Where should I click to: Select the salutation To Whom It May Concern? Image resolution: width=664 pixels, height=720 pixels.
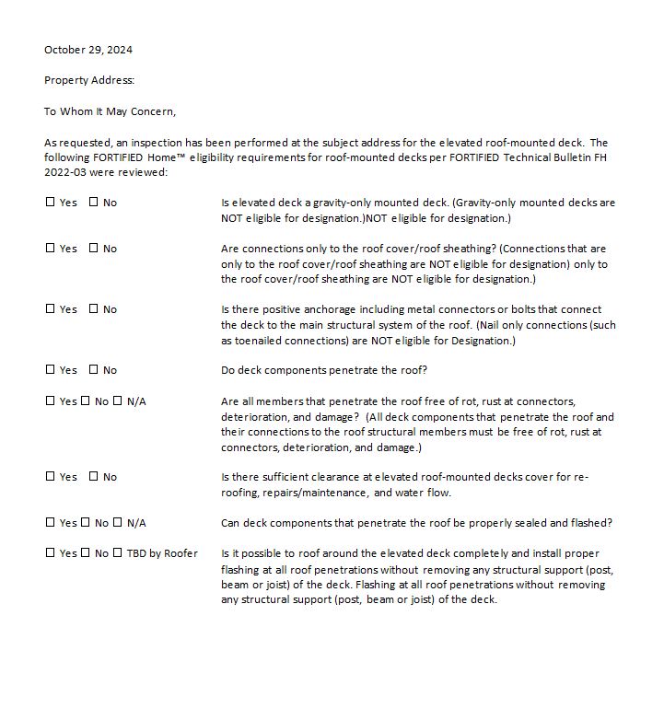coord(110,111)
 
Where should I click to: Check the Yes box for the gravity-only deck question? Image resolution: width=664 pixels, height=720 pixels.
coord(51,203)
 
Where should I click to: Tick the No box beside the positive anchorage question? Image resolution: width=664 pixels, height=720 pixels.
coord(94,309)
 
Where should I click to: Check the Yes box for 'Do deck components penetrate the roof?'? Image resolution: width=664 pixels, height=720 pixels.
coord(51,370)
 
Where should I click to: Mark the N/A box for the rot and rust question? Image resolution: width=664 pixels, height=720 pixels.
coord(118,401)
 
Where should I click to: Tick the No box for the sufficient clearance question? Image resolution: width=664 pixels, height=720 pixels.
coord(94,477)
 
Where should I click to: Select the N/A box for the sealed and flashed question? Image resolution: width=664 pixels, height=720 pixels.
coord(118,523)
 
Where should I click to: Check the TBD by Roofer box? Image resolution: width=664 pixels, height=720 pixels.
coord(118,553)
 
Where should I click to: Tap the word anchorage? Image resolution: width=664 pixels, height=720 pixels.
coord(325,309)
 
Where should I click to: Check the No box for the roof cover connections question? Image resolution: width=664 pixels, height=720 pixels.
coord(94,249)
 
